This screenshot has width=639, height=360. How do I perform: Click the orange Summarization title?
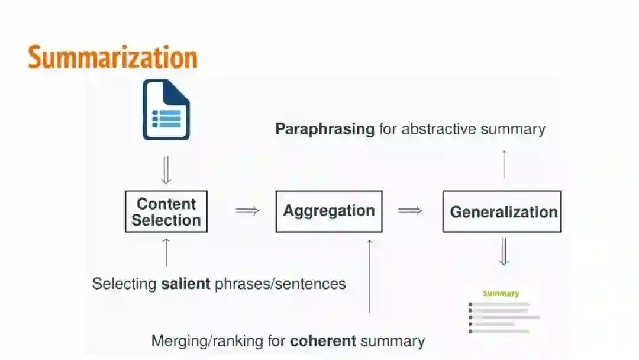tap(112, 57)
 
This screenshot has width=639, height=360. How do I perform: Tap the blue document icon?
tap(166, 110)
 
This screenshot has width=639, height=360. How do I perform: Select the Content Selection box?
tap(166, 211)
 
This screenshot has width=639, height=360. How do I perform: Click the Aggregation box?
tap(329, 211)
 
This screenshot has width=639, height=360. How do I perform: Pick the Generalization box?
tap(502, 211)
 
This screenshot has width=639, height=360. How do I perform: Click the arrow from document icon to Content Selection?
tap(166, 171)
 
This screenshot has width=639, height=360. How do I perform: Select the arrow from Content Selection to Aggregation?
tap(247, 210)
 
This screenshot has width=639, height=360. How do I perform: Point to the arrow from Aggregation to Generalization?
tap(410, 210)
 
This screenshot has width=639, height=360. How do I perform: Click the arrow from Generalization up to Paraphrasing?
tap(504, 164)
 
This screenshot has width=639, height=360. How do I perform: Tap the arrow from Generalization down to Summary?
tap(504, 252)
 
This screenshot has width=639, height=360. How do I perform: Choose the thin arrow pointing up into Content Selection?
tap(166, 252)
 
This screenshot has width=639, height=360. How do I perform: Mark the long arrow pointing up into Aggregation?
tap(370, 275)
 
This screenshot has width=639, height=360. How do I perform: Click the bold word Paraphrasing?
tap(325, 128)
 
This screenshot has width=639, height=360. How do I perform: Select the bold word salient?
tap(185, 284)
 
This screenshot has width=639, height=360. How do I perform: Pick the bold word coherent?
tap(323, 340)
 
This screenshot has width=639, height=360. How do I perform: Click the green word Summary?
tap(501, 293)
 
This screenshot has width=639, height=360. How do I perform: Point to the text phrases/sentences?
tap(280, 284)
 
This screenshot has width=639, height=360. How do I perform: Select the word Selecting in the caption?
tap(124, 284)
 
